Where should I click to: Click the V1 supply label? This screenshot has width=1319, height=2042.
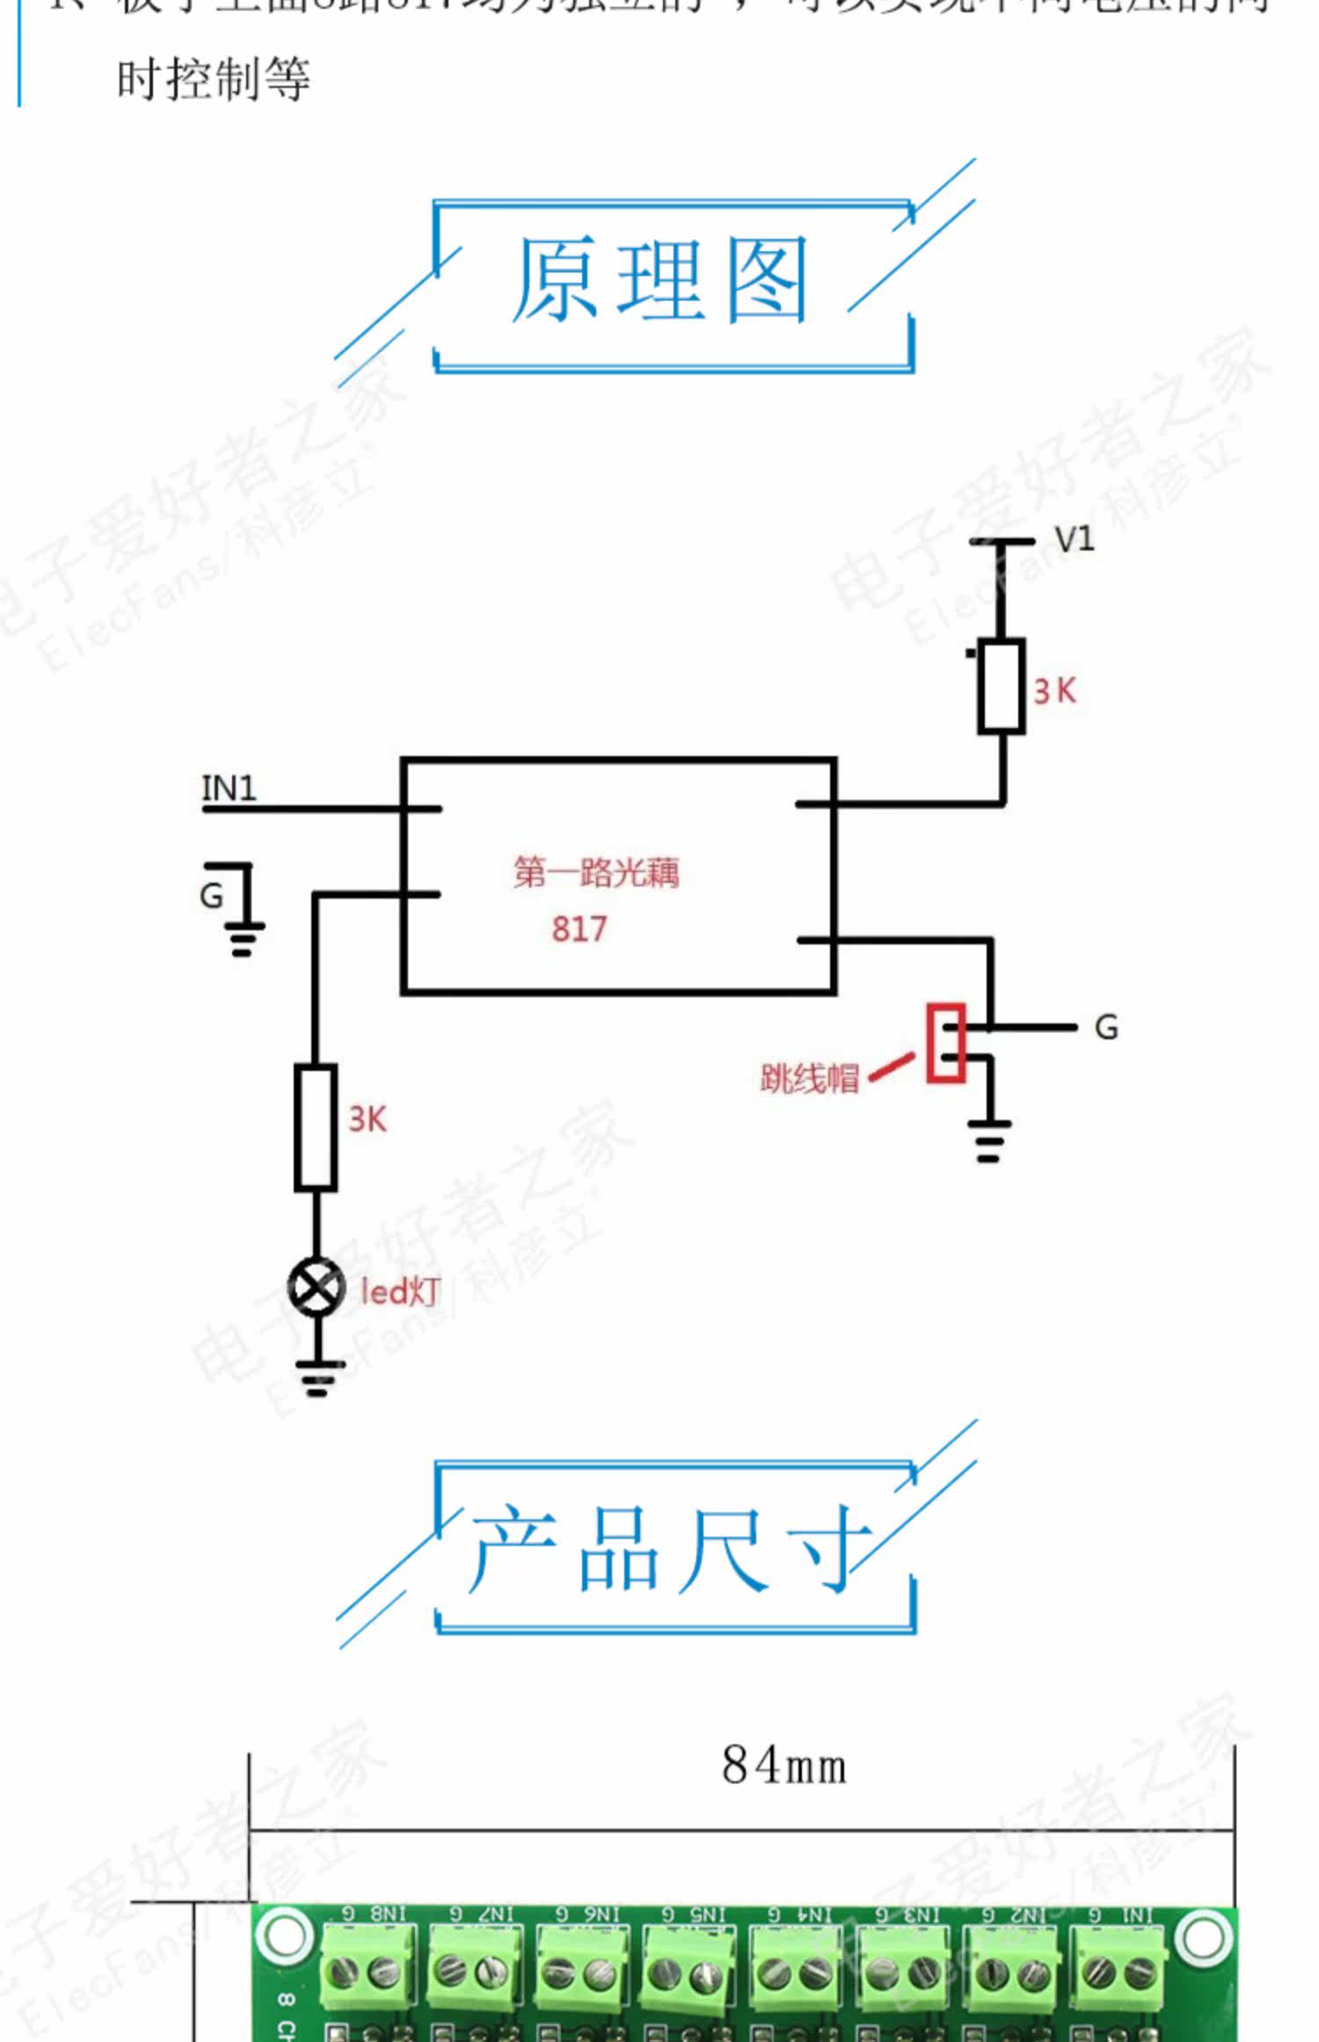[x=1074, y=539]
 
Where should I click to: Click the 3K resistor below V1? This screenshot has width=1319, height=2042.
[x=1002, y=687]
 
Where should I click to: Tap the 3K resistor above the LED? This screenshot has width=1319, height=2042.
[x=316, y=1127]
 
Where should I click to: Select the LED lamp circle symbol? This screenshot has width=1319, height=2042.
[x=317, y=1287]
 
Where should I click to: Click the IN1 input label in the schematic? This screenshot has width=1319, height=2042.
[x=229, y=788]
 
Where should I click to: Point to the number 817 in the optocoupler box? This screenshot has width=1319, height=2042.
[x=579, y=929]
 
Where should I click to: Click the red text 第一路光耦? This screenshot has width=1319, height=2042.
[x=596, y=872]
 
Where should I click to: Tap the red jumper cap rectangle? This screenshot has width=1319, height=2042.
[x=946, y=1043]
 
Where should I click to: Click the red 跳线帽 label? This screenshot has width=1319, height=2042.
[x=809, y=1078]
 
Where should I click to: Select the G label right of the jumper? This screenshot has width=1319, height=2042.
[x=1106, y=1027]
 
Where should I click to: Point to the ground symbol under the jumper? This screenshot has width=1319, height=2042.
[x=989, y=1141]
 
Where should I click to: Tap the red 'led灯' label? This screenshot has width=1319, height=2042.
[x=400, y=1291]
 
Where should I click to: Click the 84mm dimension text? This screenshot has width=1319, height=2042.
[x=783, y=1766]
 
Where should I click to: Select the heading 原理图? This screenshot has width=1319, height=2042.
[x=659, y=280]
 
